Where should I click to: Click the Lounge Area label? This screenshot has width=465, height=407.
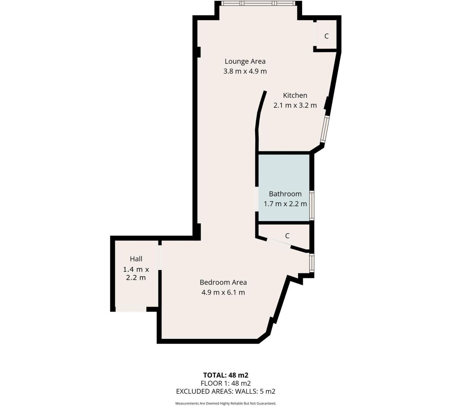point(245,61)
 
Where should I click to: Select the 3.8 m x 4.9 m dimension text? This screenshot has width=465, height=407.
point(245,71)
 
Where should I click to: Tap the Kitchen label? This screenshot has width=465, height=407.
point(295,95)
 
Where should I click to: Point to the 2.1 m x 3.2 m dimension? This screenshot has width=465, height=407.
point(295,105)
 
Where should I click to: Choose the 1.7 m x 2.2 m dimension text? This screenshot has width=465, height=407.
point(285,204)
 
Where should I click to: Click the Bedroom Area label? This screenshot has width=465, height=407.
point(223,282)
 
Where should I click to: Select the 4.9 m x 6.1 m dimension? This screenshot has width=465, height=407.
point(223,292)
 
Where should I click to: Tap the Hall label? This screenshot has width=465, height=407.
point(136,259)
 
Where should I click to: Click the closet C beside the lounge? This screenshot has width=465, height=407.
point(326,36)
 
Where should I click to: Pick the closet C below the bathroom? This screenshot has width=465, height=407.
point(287,236)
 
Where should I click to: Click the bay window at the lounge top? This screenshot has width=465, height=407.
point(258,3)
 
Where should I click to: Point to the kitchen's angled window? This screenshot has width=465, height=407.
point(325,129)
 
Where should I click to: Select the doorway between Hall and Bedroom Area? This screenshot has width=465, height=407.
point(160,257)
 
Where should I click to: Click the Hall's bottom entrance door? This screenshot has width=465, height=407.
point(131,309)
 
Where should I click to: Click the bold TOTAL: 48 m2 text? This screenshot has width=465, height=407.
point(226,375)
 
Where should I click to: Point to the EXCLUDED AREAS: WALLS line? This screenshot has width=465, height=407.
point(226,391)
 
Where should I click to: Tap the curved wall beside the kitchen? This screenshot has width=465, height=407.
point(260,110)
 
